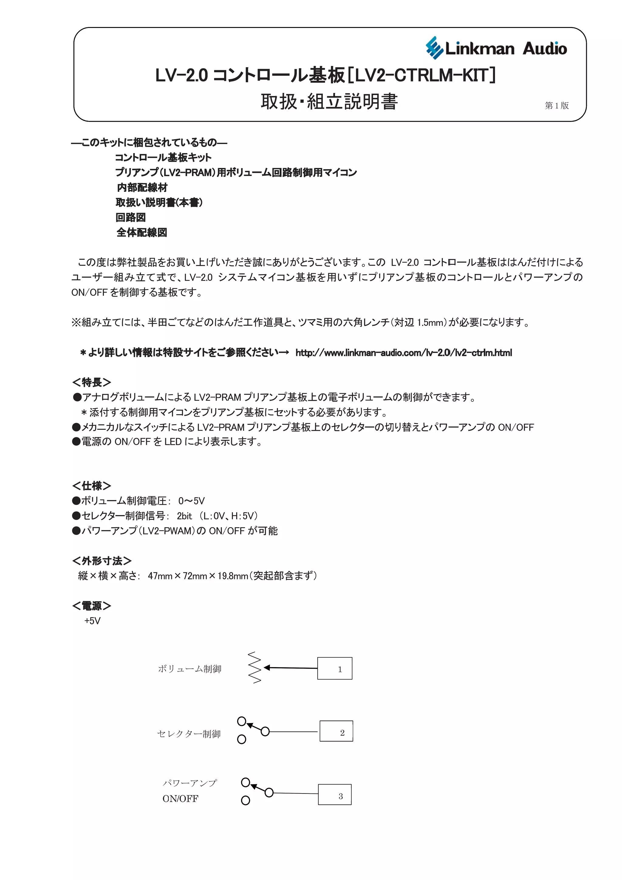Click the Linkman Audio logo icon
[x=434, y=48]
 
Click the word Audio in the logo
[x=545, y=49]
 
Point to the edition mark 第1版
[x=556, y=105]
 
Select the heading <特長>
[x=92, y=382]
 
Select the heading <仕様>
[x=92, y=486]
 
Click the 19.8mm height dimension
[x=233, y=576]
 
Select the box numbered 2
[x=336, y=731]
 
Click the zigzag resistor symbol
[x=255, y=667]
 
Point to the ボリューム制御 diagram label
[x=190, y=669]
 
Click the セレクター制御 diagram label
[x=189, y=734]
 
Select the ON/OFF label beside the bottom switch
[x=180, y=799]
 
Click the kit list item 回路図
[x=131, y=218]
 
